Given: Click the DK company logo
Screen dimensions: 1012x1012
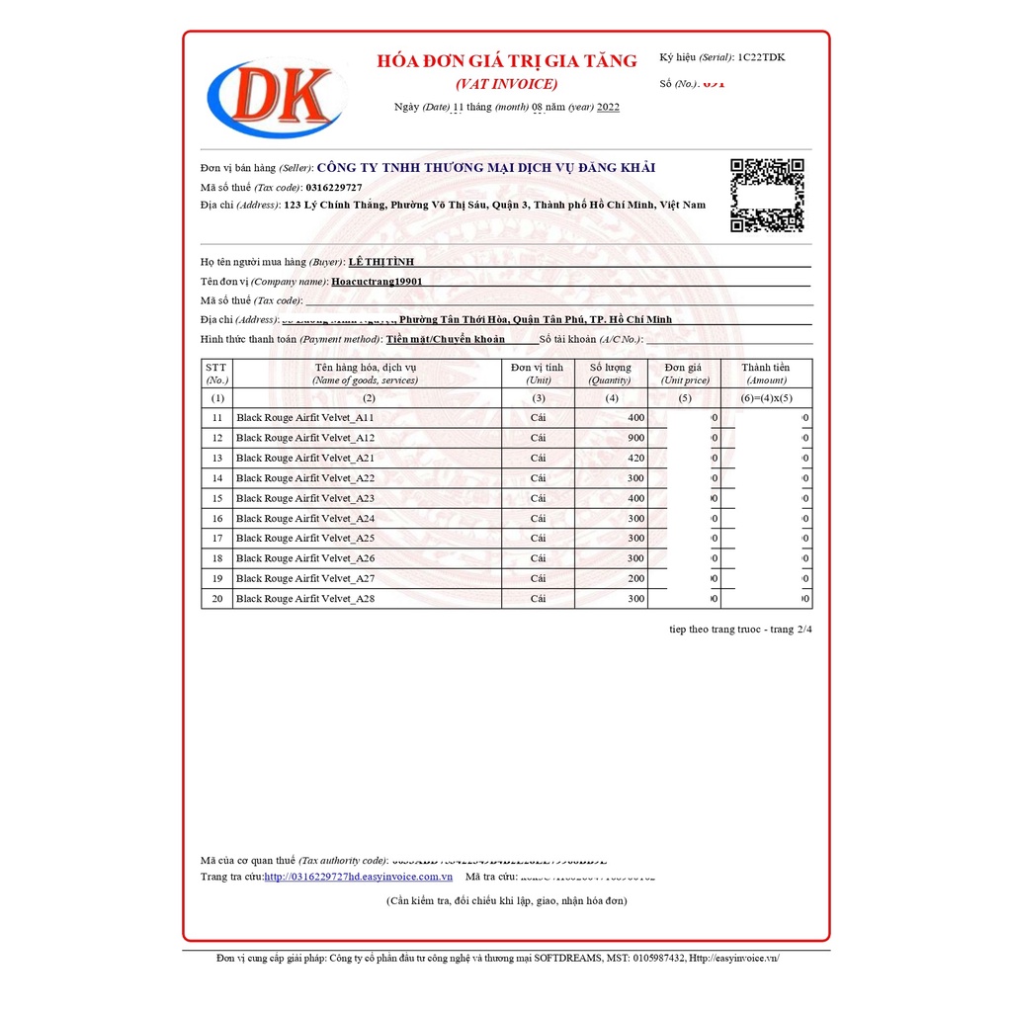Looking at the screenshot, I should click(x=276, y=97).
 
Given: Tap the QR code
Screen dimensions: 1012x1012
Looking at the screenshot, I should click(x=766, y=195).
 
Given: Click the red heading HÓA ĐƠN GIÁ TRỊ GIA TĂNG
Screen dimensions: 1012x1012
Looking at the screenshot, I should click(x=507, y=61).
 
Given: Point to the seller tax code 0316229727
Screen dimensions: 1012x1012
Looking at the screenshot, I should click(x=334, y=187).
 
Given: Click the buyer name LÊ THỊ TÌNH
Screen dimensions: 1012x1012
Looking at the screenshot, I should click(x=381, y=262).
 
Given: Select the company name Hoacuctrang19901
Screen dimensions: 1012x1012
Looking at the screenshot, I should click(x=377, y=281).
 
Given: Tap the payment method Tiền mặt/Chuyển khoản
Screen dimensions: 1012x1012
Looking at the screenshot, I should click(x=446, y=339).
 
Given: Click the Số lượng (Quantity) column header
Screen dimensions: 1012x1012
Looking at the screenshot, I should click(x=610, y=373).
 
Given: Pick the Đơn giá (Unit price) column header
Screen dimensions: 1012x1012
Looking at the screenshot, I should click(x=685, y=373).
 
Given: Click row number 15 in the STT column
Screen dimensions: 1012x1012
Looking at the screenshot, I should click(x=216, y=498).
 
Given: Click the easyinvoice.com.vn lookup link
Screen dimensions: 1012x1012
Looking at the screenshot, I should click(x=358, y=877).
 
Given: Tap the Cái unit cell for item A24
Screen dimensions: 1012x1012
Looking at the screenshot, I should click(x=538, y=518).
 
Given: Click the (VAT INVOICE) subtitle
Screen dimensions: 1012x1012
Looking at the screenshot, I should click(x=506, y=84).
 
